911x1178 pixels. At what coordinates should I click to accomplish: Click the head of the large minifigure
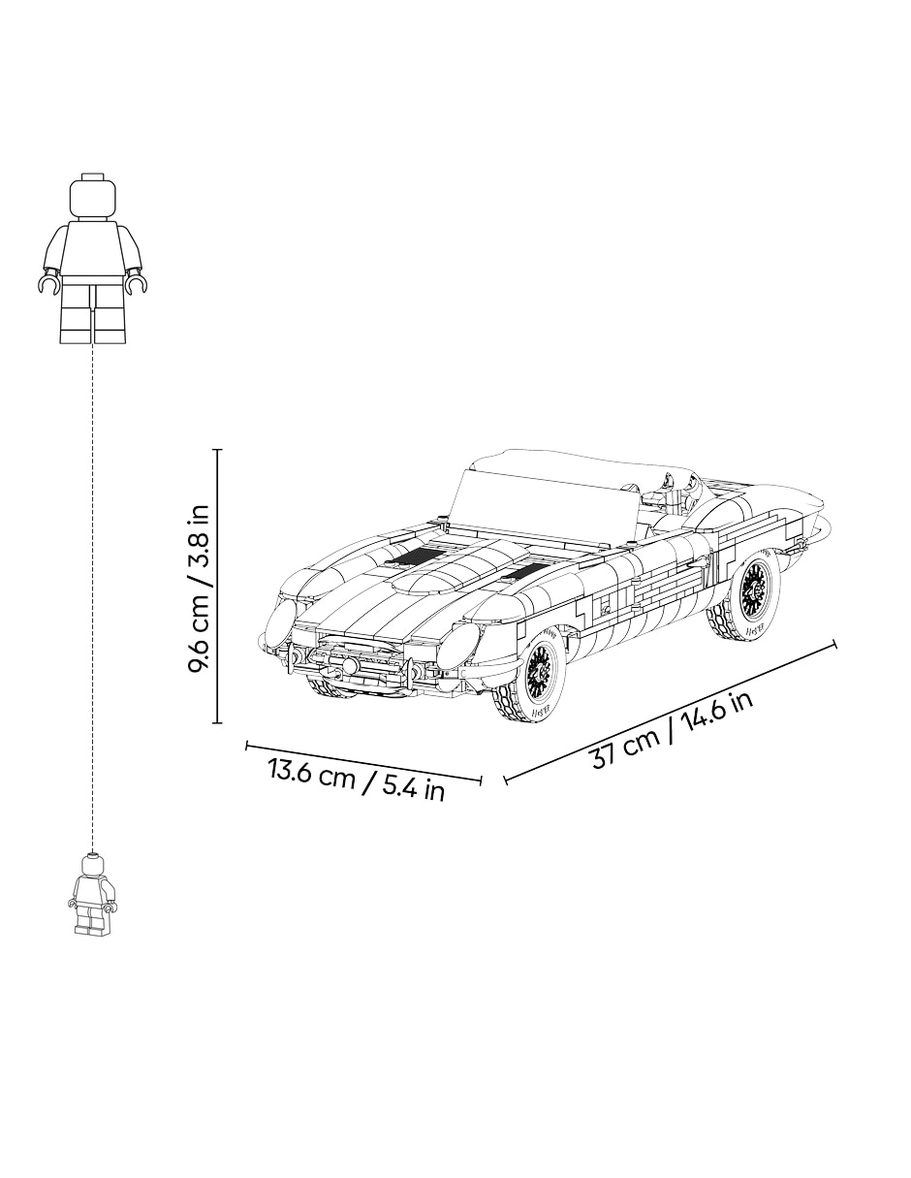pos(93,196)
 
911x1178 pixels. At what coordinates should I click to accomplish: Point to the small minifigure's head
pos(92,866)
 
